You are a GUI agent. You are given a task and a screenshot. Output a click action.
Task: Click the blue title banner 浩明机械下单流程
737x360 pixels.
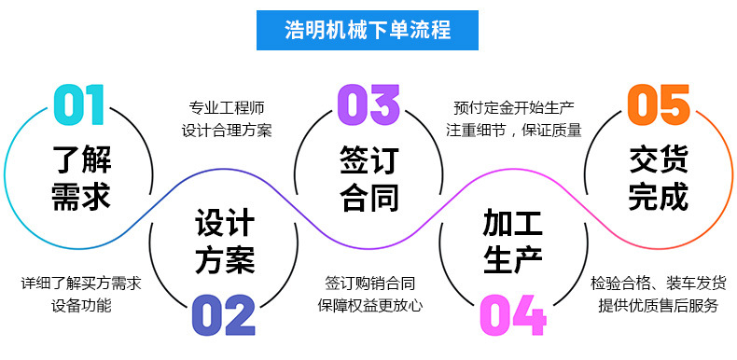point(368,30)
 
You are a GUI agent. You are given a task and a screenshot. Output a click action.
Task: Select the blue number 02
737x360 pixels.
point(223,315)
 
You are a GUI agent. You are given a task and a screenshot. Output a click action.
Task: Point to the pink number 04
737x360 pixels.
point(512,315)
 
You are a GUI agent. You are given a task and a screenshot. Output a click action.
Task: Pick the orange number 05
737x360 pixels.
point(659,104)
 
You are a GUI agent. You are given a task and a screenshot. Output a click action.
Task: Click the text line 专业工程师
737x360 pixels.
point(226,106)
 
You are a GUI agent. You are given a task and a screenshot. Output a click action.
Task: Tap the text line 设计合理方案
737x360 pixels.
point(226,130)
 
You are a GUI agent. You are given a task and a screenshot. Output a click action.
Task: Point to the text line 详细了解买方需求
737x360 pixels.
point(81,282)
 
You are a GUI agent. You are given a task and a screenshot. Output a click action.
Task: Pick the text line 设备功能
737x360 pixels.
point(81,305)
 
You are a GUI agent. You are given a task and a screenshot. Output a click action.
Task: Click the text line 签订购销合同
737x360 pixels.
point(369,282)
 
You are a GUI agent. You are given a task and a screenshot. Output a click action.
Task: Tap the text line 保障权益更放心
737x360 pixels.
point(369,305)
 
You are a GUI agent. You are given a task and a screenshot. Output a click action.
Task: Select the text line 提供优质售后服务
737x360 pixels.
point(658,305)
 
